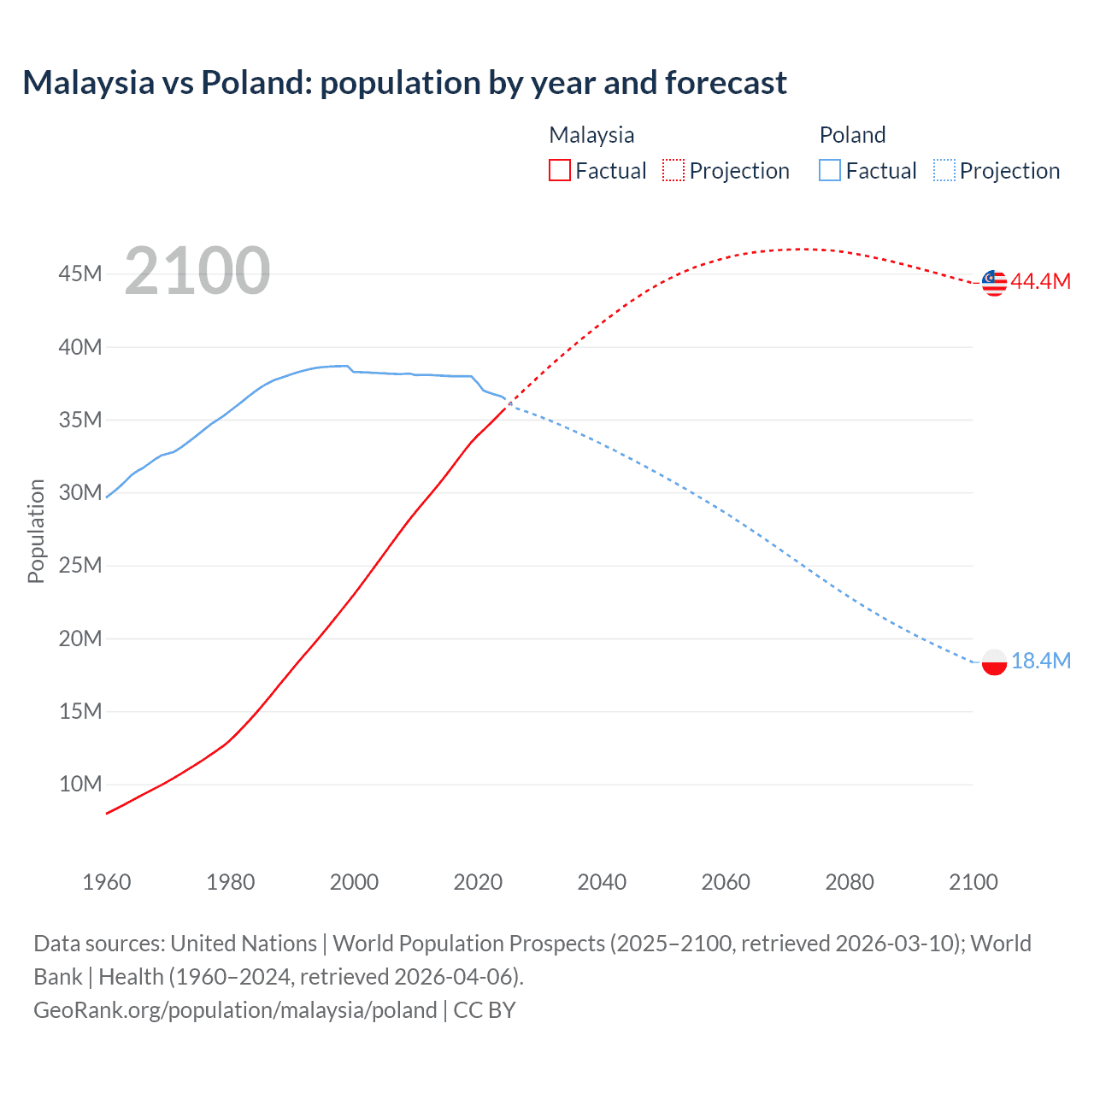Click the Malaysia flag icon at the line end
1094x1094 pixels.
(x=994, y=282)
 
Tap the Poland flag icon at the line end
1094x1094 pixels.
(x=994, y=662)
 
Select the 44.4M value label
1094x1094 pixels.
(x=1040, y=282)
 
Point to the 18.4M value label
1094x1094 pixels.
(x=1040, y=662)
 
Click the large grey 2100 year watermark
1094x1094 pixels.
(x=197, y=272)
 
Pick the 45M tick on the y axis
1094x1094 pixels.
(x=80, y=274)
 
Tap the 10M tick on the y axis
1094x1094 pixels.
(x=80, y=785)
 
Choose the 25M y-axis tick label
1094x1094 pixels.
(x=80, y=566)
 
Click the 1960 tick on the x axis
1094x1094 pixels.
(x=107, y=882)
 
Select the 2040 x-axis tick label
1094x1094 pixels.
(x=602, y=882)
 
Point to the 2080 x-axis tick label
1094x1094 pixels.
(x=850, y=882)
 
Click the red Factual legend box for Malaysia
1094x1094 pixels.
(x=560, y=171)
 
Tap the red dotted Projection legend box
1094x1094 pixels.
(x=673, y=171)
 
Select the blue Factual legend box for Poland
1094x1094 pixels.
(x=830, y=171)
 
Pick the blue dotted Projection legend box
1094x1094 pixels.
(x=944, y=171)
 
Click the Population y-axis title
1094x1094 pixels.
(x=36, y=531)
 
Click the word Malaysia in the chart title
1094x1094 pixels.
(x=88, y=83)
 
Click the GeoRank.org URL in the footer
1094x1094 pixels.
(x=235, y=1010)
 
